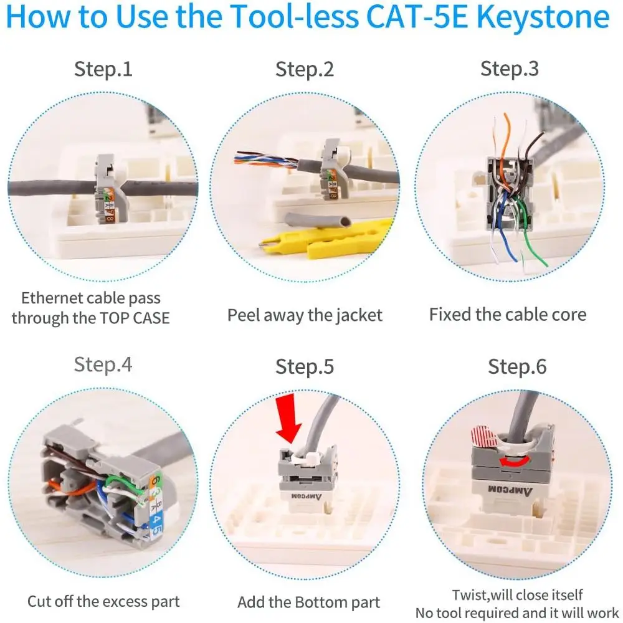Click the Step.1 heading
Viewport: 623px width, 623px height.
point(103,69)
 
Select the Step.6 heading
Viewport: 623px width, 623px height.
point(517,366)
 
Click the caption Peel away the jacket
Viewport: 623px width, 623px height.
point(305,315)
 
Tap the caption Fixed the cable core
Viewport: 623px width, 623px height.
point(508,314)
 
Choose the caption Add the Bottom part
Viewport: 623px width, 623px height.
point(308,602)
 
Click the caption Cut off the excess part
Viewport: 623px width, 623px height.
point(103,601)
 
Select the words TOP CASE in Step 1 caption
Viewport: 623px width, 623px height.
point(134,318)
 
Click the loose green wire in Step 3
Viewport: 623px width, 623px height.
point(533,240)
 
